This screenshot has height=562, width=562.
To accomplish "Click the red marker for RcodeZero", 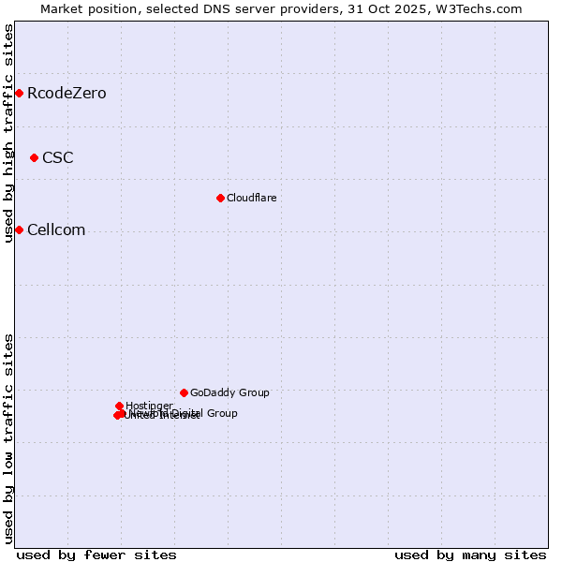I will click(19, 93).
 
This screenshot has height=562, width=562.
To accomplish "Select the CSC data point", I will click(34, 157).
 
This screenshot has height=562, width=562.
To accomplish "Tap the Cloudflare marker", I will click(220, 198).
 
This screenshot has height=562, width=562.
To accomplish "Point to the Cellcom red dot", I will click(19, 229).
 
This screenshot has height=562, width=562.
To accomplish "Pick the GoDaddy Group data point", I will click(184, 392).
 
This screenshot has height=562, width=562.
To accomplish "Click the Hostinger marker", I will click(119, 406).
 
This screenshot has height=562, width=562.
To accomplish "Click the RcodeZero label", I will click(67, 93).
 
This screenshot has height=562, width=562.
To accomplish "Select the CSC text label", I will click(58, 157).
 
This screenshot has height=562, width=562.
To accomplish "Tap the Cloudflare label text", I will click(251, 198).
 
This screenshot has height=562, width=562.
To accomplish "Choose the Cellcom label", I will click(56, 229).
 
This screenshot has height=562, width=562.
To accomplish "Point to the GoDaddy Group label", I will click(229, 392).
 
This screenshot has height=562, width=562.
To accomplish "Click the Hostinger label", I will click(149, 406).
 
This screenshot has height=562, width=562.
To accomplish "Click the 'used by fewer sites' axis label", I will click(96, 555).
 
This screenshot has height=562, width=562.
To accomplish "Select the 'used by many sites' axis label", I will click(470, 555).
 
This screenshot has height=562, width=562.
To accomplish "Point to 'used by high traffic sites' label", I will click(8, 133).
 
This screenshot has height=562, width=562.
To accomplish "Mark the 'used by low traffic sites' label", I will click(8, 438).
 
